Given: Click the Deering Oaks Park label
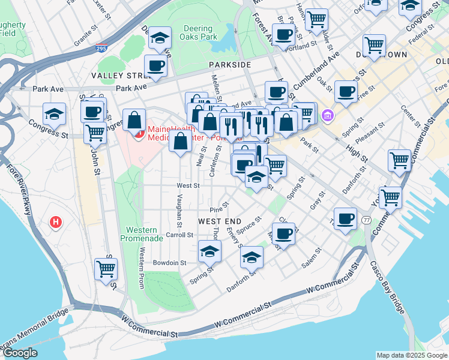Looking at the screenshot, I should pos(197,33).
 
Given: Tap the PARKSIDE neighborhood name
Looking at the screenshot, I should pos(230,64).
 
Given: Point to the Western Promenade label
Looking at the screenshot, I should pos(142,234).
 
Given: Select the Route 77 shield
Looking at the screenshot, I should pos(366,220).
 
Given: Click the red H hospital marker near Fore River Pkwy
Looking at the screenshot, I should pos(56,223).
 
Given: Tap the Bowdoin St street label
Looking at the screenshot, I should pos(170,263).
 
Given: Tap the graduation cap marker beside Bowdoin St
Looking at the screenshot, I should pos(209,251).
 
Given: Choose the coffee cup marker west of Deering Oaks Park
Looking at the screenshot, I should pos(156,65).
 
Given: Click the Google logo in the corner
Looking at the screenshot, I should pos(20,353).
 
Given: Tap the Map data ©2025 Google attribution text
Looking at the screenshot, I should pos(411,355).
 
